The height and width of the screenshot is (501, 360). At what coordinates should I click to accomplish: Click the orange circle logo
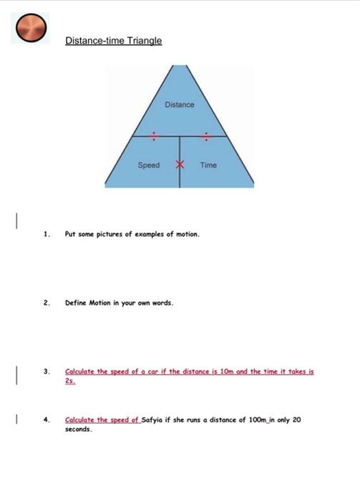31,28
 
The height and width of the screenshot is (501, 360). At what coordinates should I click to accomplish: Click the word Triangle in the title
143,41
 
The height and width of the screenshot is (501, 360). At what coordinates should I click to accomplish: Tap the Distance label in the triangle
179,105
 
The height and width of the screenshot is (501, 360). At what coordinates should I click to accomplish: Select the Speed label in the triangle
149,165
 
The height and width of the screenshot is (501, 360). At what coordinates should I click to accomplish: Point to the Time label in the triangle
208,165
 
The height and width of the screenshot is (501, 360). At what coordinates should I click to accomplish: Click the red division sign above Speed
152,135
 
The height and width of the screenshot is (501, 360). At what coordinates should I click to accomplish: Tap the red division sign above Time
206,135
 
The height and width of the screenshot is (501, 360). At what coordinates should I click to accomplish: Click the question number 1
46,234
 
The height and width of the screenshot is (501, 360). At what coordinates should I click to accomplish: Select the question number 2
46,303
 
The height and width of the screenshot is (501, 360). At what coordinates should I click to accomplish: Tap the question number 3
46,372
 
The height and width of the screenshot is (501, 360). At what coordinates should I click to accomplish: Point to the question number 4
46,420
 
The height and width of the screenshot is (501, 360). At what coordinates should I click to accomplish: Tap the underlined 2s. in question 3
69,381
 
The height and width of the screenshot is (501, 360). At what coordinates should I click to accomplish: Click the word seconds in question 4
78,430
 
